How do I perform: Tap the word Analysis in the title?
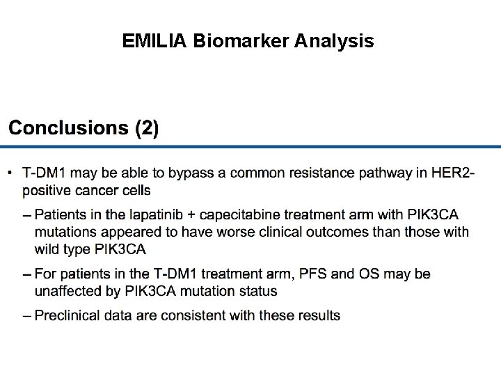point(334,42)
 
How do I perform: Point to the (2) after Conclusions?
point(147,128)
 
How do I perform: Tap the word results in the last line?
point(320,315)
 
